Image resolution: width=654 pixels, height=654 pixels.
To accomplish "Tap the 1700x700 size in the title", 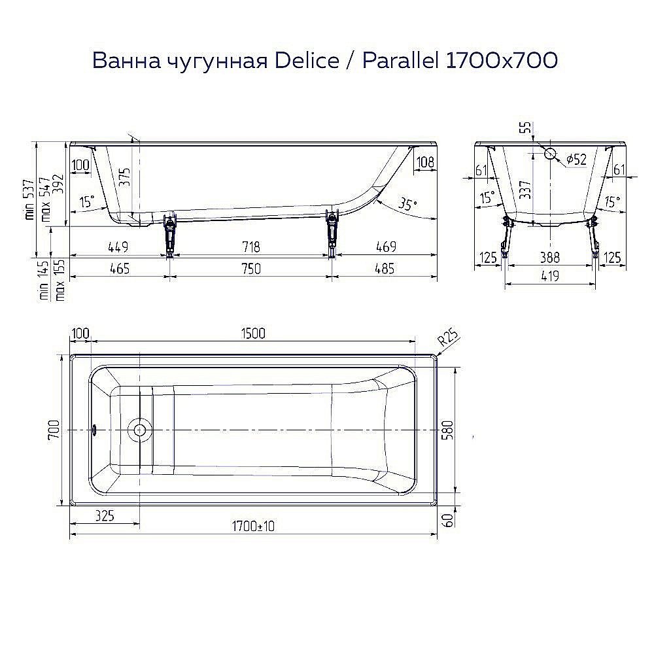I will click(x=501, y=60).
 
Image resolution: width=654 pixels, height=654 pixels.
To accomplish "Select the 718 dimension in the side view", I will click(x=251, y=247).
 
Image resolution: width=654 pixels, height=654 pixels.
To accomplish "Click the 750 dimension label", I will click(x=251, y=268).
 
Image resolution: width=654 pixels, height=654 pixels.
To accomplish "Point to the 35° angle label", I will click(x=407, y=204).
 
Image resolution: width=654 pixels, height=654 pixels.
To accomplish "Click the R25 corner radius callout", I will click(x=448, y=339).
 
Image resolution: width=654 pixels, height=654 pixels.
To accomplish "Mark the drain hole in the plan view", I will click(x=139, y=430).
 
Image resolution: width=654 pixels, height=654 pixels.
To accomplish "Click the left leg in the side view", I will click(x=170, y=234).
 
